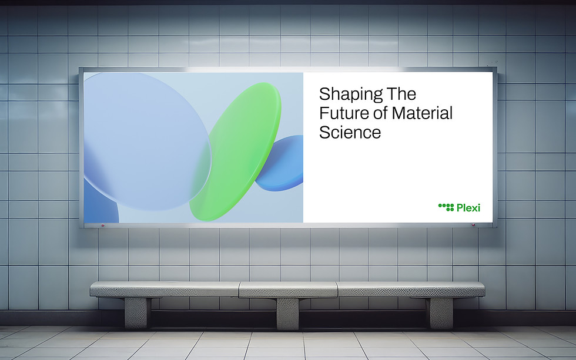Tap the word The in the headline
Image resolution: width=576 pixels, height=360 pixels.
[401, 94]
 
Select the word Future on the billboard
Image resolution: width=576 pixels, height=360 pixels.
[344, 113]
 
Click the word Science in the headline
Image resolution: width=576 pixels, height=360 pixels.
[350, 132]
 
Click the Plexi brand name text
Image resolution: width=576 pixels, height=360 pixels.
[468, 208]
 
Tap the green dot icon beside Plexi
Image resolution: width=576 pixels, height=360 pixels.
[446, 207]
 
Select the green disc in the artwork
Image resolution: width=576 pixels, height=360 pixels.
[236, 151]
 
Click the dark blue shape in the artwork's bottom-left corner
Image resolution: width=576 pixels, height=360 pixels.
[100, 204]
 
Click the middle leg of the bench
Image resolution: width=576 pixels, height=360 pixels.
[287, 313]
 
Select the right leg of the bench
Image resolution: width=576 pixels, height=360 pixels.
[440, 312]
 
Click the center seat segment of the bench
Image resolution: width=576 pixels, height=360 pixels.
[288, 290]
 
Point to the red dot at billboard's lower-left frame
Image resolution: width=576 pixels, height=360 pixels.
[102, 225]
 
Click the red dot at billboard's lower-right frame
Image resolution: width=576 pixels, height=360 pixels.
[474, 224]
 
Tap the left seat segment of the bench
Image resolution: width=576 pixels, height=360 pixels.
[165, 289]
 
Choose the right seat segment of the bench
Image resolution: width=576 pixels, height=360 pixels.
[411, 289]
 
